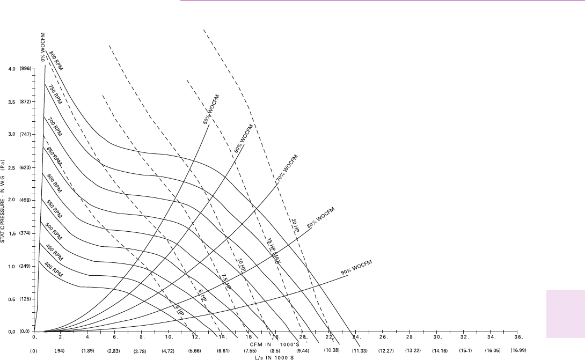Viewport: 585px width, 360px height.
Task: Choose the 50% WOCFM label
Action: pyautogui.click(x=211, y=109)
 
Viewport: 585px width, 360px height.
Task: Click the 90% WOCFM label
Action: pyautogui.click(x=357, y=267)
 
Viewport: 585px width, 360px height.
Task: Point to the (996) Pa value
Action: pyautogui.click(x=26, y=69)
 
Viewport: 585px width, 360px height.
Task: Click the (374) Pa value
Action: pyautogui.click(x=26, y=233)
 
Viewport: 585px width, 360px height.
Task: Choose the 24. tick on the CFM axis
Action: pyautogui.click(x=356, y=337)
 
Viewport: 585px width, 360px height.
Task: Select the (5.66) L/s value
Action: pyautogui.click(x=195, y=350)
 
